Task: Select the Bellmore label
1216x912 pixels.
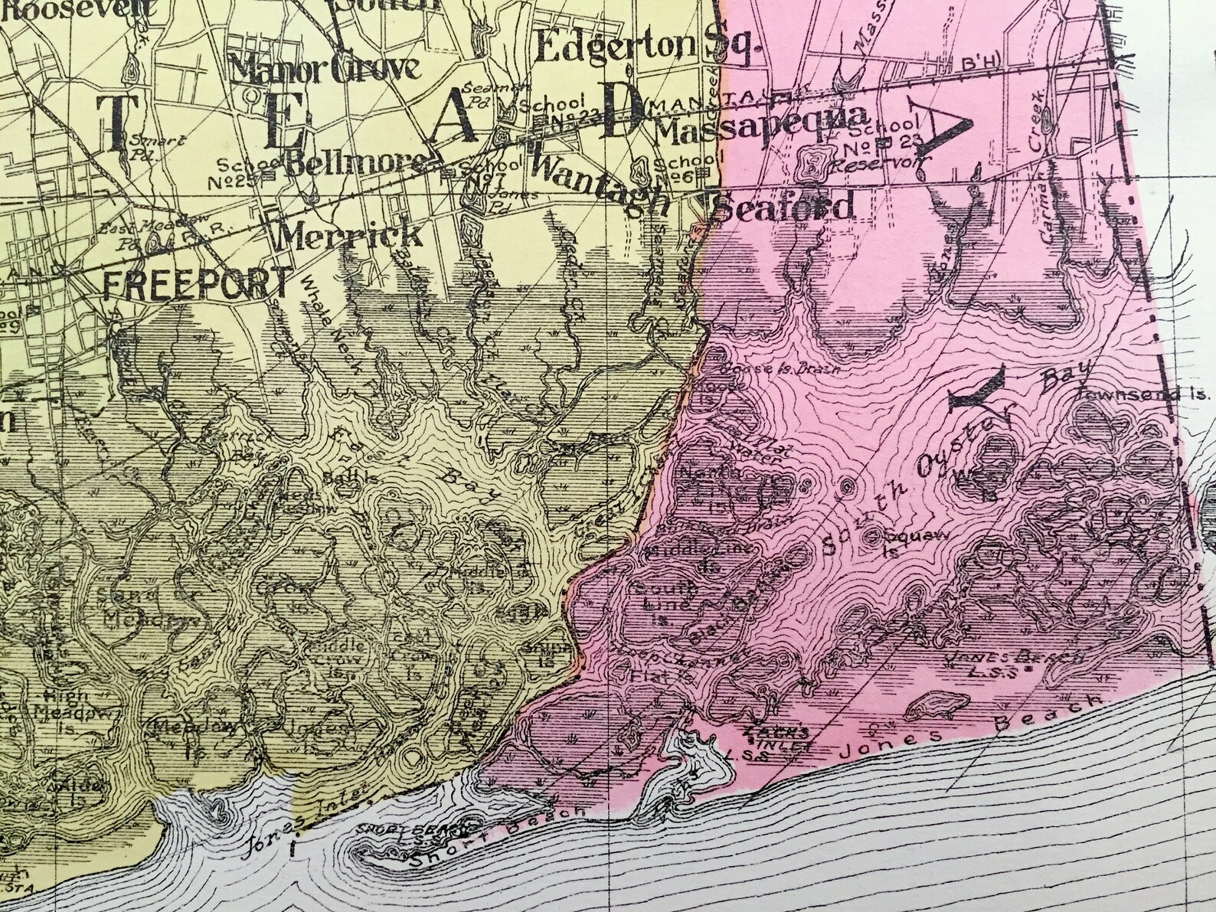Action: [x=355, y=162]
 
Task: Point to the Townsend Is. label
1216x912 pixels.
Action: [x=1142, y=393]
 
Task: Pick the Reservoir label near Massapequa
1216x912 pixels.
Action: [x=880, y=163]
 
